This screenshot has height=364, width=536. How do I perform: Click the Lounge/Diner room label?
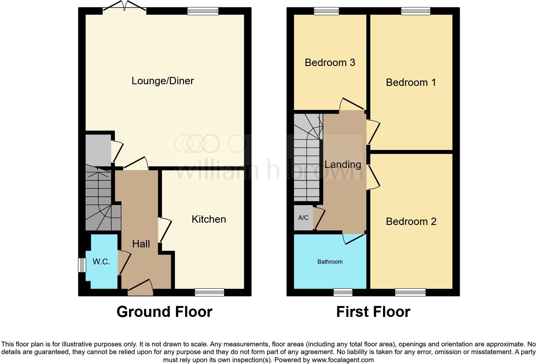[x=163, y=81]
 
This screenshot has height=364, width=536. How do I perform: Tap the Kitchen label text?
[x=209, y=219]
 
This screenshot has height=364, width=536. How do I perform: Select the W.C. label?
[x=101, y=261]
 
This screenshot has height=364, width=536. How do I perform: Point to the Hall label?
[x=141, y=244]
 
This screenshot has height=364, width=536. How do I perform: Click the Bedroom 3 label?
[x=330, y=62]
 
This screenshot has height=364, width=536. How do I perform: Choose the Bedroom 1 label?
[x=411, y=82]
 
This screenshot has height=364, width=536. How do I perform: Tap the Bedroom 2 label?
[x=411, y=221]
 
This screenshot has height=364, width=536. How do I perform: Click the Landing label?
[x=343, y=164]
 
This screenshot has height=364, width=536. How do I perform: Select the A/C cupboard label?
[x=303, y=218]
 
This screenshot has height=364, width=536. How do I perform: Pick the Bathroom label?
[x=330, y=262]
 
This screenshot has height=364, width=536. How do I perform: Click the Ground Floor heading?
[x=164, y=312]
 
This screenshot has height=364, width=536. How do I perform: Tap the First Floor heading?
[x=373, y=312]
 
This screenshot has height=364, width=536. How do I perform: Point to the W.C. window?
[x=82, y=265]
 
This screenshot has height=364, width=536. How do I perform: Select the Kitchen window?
[x=209, y=292]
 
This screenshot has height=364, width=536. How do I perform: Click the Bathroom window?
[x=343, y=292]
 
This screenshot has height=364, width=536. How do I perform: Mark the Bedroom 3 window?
[x=326, y=11]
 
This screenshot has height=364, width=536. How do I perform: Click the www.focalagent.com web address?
[x=343, y=360]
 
